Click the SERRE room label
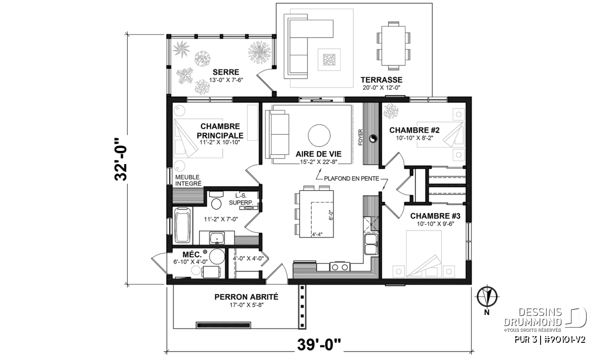pyautogui.click(x=226, y=72)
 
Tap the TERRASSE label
pyautogui.click(x=382, y=80)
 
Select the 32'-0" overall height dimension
pyautogui.click(x=121, y=160)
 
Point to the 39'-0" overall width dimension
pyautogui.click(x=319, y=345)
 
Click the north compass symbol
pyautogui.click(x=487, y=296)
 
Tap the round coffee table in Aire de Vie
pyautogui.click(x=319, y=135)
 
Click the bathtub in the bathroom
pyautogui.click(x=183, y=225)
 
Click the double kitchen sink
pyautogui.click(x=371, y=245)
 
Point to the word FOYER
pyautogui.click(x=360, y=137)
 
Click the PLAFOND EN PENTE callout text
pyautogui.click(x=352, y=179)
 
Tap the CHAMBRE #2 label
pyautogui.click(x=414, y=130)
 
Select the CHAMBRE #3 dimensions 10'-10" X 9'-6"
pyautogui.click(x=435, y=224)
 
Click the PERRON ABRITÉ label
pyautogui.click(x=246, y=297)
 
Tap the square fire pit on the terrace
pyautogui.click(x=329, y=60)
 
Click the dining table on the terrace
pyautogui.click(x=393, y=46)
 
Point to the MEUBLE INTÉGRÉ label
pyautogui.click(x=188, y=180)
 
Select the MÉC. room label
pyautogui.click(x=192, y=255)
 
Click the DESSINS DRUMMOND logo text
pyautogui.click(x=533, y=317)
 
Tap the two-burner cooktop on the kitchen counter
pyautogui.click(x=340, y=267)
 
